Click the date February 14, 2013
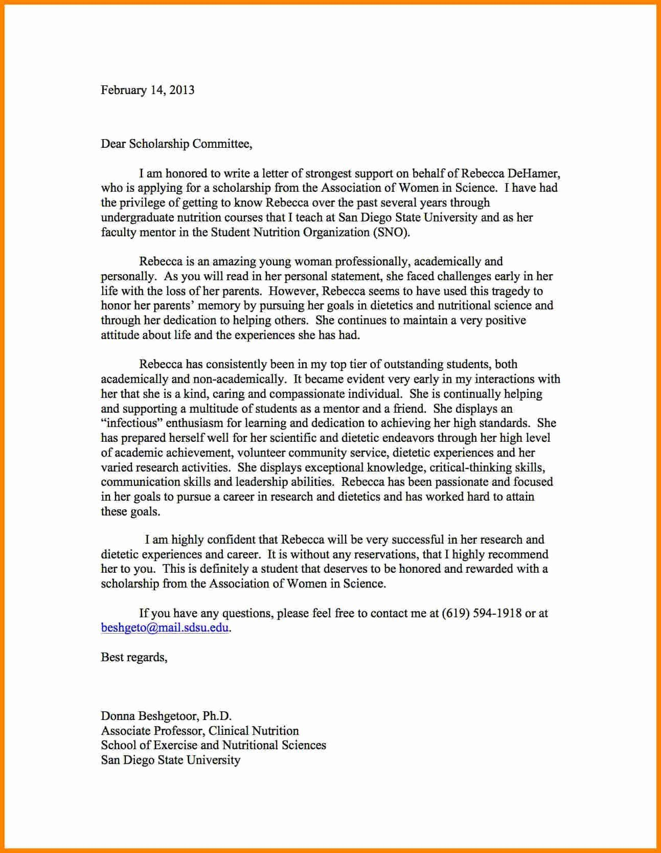click(147, 91)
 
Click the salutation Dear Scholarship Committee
click(176, 144)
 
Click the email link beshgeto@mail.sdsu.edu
click(165, 628)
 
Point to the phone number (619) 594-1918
click(481, 613)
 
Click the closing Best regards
click(134, 658)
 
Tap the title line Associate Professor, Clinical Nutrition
click(199, 731)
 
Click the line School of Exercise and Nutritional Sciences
click(213, 746)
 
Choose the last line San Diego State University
click(170, 760)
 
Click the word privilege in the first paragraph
click(143, 203)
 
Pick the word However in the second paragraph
click(293, 291)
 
